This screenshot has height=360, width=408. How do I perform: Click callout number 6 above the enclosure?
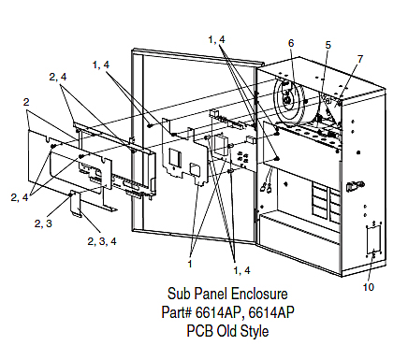click(x=291, y=43)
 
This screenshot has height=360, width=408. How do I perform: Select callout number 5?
click(x=328, y=45)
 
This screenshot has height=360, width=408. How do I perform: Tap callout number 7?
click(x=360, y=59)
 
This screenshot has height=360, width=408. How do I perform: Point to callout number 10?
click(x=369, y=287)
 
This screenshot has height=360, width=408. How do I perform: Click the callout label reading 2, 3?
click(x=43, y=223)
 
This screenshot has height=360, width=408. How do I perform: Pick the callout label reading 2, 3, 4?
click(x=102, y=241)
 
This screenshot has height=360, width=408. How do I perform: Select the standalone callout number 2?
click(x=26, y=102)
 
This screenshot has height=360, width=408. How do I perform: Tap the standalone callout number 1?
click(x=190, y=264)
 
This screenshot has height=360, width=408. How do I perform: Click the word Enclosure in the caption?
click(x=259, y=294)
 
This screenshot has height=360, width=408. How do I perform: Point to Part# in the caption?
click(x=176, y=312)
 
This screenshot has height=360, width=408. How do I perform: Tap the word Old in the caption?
click(x=225, y=331)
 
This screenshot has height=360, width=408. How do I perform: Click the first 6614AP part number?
click(x=219, y=312)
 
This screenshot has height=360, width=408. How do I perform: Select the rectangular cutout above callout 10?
click(x=373, y=239)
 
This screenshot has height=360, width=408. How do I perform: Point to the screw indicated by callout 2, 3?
click(x=70, y=194)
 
